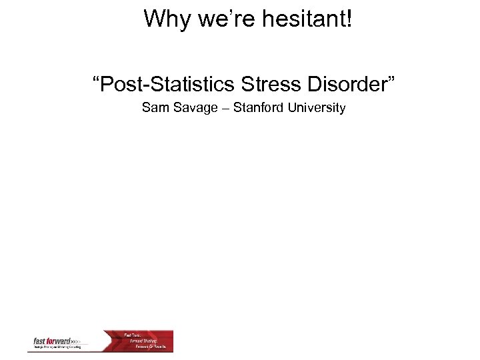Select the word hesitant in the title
point(300,19)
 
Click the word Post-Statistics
point(167,85)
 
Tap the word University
point(317,107)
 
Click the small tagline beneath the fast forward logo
point(57,347)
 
